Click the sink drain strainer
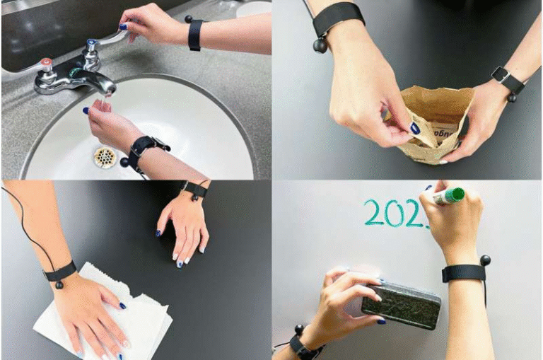105,156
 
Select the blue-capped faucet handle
91,47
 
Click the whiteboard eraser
401,305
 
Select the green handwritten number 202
395,212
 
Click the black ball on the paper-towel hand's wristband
59,285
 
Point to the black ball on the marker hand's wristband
486,260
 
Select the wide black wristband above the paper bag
339,18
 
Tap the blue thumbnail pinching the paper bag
415,128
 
